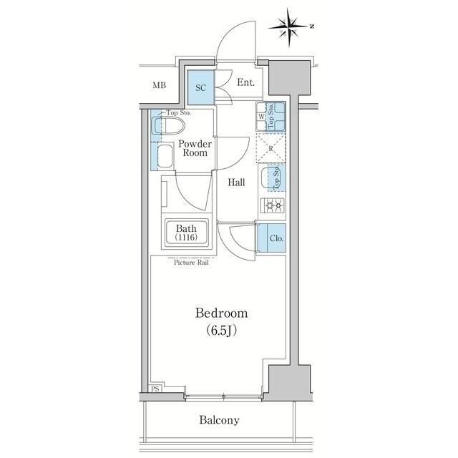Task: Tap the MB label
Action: [159, 86]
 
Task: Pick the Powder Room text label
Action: [194, 148]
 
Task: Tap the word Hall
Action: [236, 182]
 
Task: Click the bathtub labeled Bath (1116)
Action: [182, 233]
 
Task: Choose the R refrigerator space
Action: [272, 149]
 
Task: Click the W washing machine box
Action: [262, 117]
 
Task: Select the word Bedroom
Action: [222, 313]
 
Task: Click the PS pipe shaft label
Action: [155, 389]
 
